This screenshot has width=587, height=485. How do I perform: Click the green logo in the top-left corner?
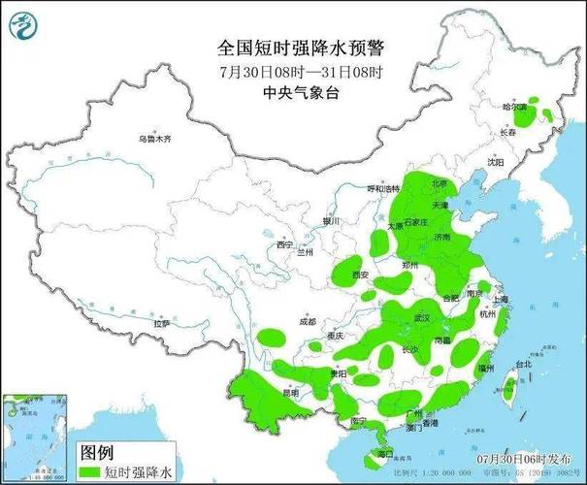click(x=24, y=24)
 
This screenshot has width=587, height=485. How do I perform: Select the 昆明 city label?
click(x=263, y=393)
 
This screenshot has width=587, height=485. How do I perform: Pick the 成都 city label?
click(x=307, y=320)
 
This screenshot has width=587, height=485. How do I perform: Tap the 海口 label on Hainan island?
click(x=385, y=454)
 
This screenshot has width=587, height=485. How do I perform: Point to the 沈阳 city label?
click(x=496, y=163)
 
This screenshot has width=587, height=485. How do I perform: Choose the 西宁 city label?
click(x=283, y=244)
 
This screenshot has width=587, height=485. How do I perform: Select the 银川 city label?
click(x=333, y=222)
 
